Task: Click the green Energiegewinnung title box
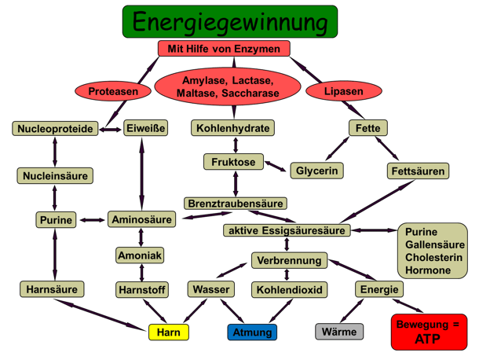click(229, 21)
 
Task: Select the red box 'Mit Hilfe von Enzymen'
click(224, 49)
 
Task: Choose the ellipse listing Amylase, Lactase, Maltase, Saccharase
click(226, 87)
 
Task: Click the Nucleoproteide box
click(54, 128)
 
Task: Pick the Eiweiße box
click(145, 128)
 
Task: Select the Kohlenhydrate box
click(233, 128)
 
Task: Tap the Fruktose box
click(233, 162)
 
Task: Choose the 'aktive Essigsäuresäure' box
click(285, 230)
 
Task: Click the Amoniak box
click(140, 256)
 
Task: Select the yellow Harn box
click(169, 332)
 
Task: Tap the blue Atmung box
click(253, 332)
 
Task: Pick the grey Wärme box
click(339, 332)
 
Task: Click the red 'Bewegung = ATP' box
click(429, 332)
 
